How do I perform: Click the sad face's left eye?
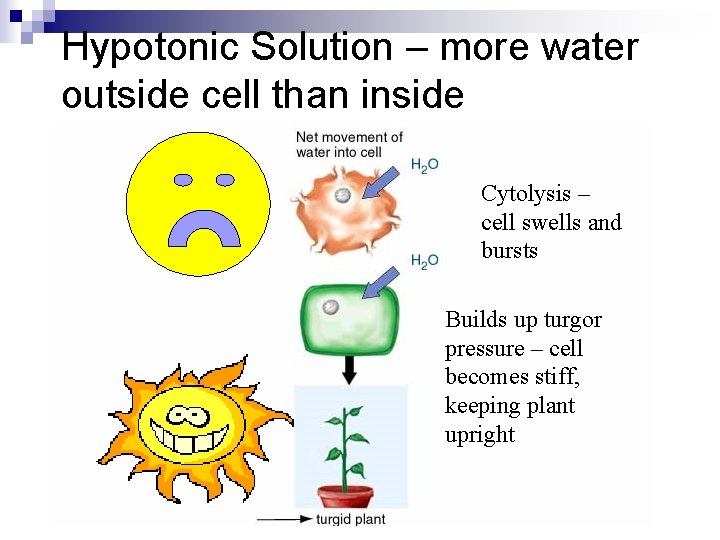(x=183, y=180)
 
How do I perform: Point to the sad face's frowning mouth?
(x=204, y=231)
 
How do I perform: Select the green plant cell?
(x=350, y=320)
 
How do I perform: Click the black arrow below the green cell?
(x=349, y=369)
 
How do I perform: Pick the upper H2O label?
(x=425, y=164)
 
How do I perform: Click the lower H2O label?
(x=425, y=261)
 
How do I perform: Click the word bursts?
(x=509, y=251)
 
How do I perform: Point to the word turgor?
(x=572, y=321)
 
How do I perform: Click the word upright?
(x=480, y=435)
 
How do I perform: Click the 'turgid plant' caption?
(x=350, y=519)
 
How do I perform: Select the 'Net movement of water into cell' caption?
(x=349, y=144)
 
